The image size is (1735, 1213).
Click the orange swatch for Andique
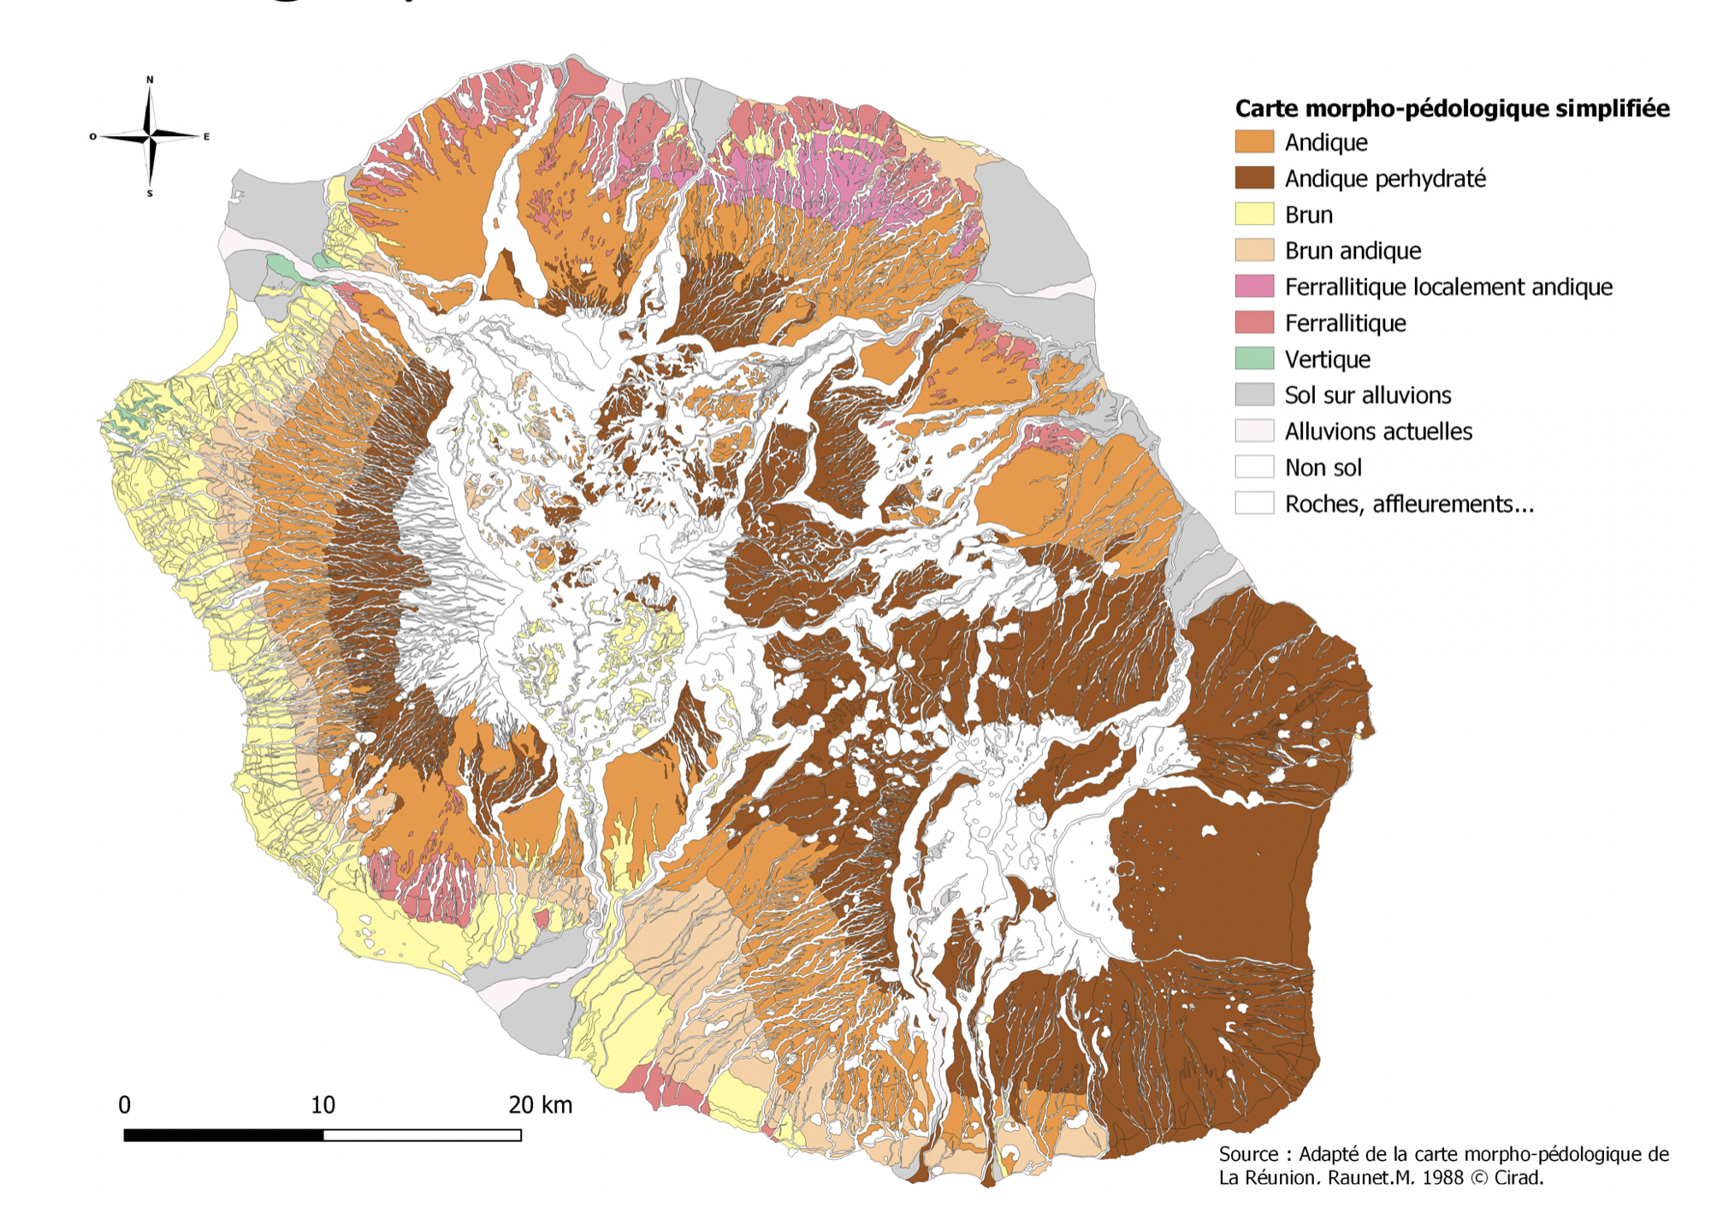click(x=1254, y=142)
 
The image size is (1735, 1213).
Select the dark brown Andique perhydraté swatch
click(x=1254, y=178)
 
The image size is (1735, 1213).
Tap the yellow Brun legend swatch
click(x=1254, y=214)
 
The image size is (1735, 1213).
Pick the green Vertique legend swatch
click(x=1254, y=358)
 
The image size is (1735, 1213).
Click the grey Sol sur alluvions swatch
click(x=1254, y=394)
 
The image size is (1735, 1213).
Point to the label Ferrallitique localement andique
click(x=1448, y=287)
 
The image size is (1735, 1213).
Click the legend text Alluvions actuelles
click(x=1377, y=431)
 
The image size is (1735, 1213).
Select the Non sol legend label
click(x=1323, y=467)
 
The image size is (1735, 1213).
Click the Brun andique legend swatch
click(x=1254, y=251)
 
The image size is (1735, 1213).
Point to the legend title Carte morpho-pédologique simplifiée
click(x=1452, y=109)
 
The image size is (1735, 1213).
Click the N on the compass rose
click(x=150, y=80)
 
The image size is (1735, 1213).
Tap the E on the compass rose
click(x=206, y=136)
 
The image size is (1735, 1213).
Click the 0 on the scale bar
click(x=125, y=1105)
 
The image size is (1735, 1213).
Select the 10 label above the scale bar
click(x=323, y=1105)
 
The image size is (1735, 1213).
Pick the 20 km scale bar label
click(x=540, y=1105)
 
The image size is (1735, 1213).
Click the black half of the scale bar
click(x=223, y=1135)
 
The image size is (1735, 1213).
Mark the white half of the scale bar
click(x=423, y=1135)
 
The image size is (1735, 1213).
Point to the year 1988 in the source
click(x=1442, y=1178)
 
